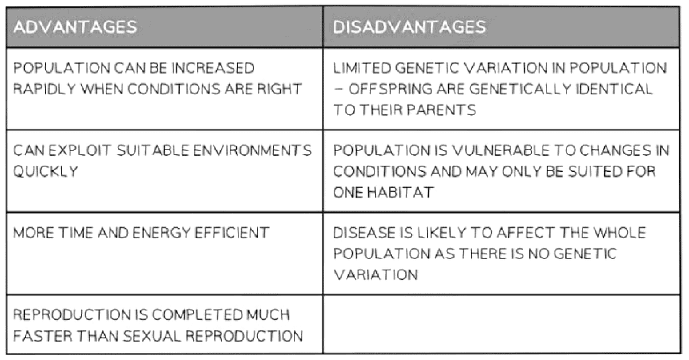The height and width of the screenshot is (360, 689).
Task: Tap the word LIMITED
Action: pyautogui.click(x=358, y=67)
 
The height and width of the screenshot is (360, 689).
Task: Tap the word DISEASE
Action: pyautogui.click(x=359, y=233)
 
